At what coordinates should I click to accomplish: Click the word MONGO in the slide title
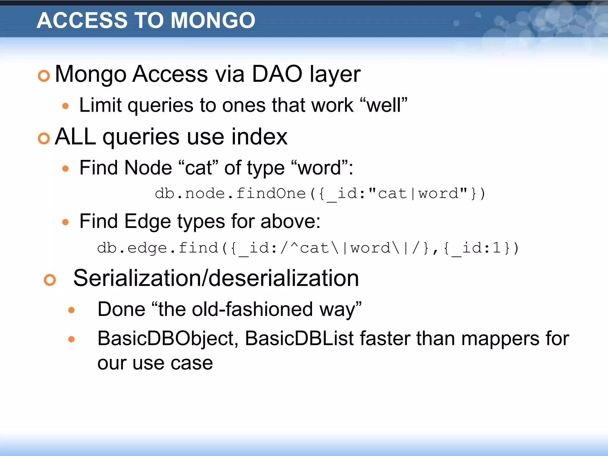(x=213, y=20)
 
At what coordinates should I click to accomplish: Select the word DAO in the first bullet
(x=277, y=74)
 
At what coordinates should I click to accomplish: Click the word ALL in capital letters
(x=75, y=137)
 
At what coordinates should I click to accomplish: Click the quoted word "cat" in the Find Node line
(x=199, y=168)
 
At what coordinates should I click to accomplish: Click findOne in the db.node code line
(x=271, y=194)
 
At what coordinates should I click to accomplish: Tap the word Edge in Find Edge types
(x=148, y=221)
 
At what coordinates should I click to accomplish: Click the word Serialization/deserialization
(x=216, y=278)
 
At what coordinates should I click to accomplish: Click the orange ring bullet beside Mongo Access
(x=44, y=76)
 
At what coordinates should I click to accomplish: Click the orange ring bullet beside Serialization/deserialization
(x=50, y=280)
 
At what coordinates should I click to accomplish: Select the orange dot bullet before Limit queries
(x=66, y=106)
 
